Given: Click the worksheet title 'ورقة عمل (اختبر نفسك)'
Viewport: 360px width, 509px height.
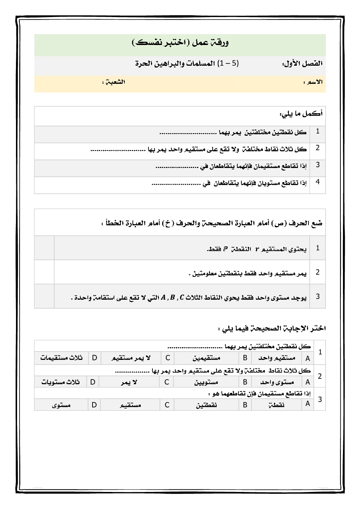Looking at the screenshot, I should (180, 43).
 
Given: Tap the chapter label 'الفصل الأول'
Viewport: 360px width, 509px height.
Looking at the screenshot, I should (303, 63).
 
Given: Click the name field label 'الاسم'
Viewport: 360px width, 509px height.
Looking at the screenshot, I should (314, 82).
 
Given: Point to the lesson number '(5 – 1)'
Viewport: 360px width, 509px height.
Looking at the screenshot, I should (228, 63).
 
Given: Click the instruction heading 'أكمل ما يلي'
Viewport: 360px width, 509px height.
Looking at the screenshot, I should (301, 114).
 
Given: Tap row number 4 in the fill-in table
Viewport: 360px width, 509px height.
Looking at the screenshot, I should (318, 182).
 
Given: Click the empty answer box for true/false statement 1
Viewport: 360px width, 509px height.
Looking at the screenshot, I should (44, 248).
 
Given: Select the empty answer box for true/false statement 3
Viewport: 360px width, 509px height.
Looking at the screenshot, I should (44, 296).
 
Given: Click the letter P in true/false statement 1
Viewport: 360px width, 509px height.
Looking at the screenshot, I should (225, 249).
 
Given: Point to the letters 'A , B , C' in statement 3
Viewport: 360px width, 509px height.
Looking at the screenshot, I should (172, 297).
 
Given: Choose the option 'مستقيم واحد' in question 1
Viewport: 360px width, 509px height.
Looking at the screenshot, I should (277, 358).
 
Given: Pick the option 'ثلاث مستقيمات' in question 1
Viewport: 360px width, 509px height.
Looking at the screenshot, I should (61, 358).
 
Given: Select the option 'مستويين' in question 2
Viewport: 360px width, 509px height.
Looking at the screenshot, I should (206, 382).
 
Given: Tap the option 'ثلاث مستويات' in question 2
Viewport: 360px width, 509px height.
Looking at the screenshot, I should (60, 382).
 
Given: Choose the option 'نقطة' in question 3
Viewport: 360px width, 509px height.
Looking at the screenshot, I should (276, 405).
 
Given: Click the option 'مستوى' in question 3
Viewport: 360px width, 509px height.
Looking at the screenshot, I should (61, 405).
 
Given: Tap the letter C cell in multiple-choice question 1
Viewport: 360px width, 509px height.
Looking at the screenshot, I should (168, 358).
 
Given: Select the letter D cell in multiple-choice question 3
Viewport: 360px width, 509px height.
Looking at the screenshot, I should (94, 405).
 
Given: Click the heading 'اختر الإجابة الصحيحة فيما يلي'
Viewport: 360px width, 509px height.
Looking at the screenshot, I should (272, 328).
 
